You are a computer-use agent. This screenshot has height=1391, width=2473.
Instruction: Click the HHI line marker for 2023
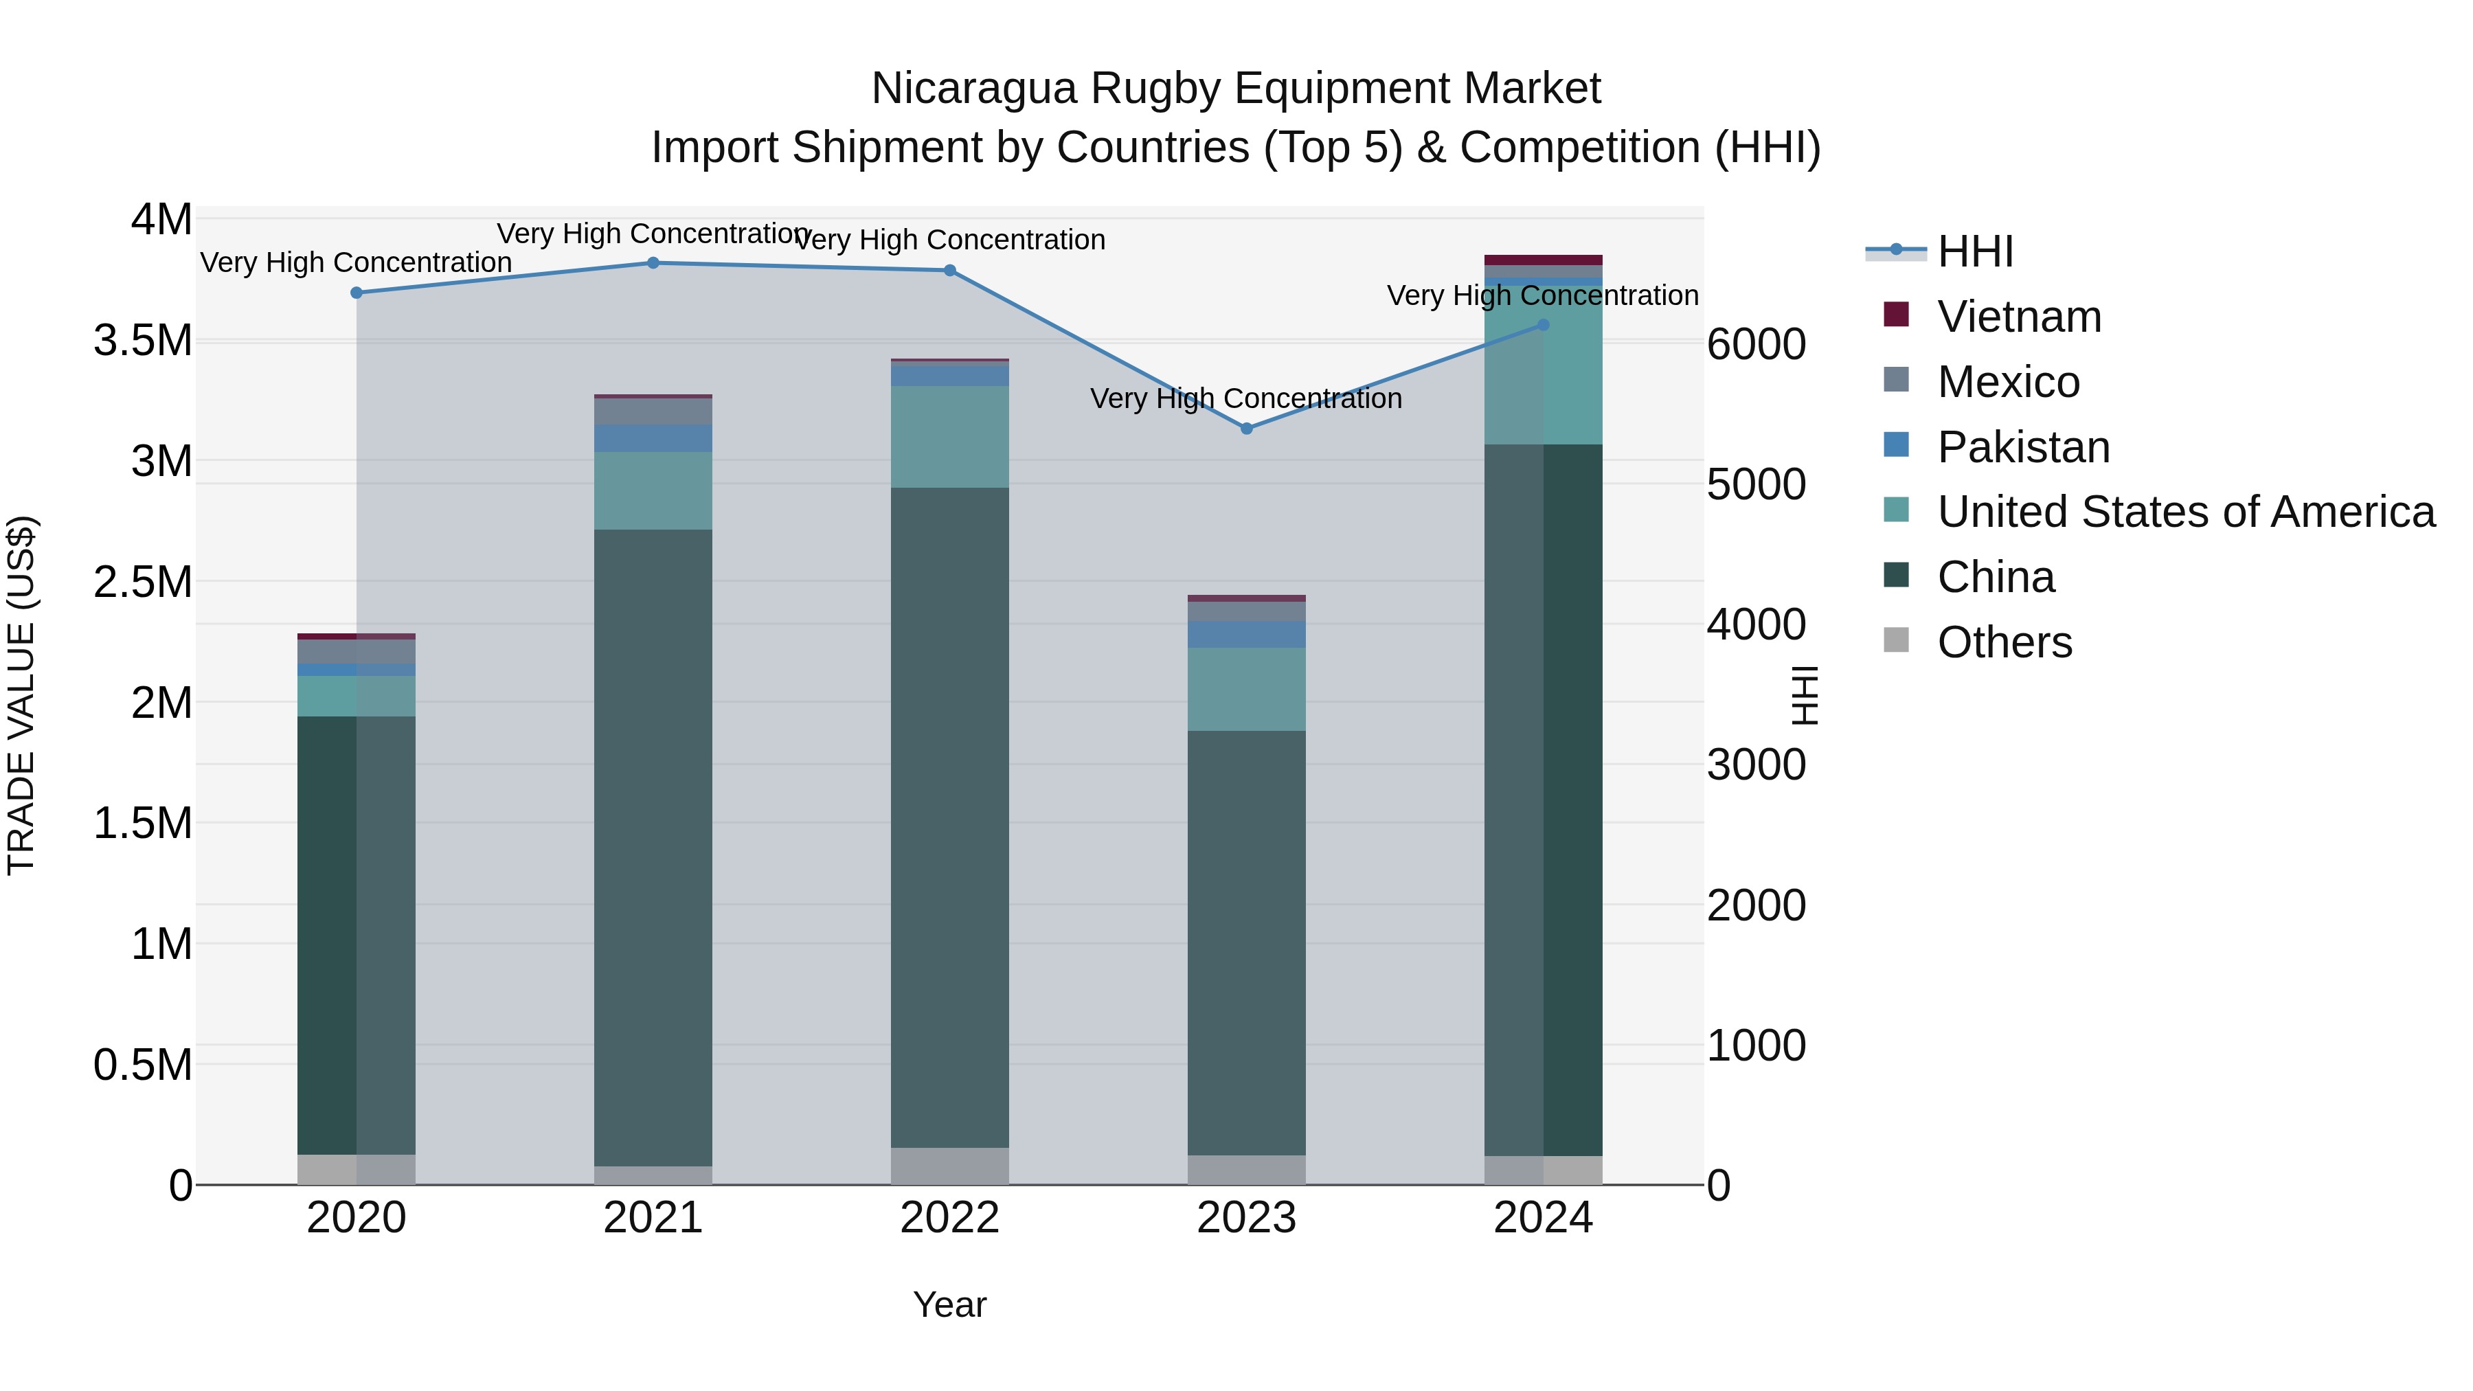[x=1246, y=428]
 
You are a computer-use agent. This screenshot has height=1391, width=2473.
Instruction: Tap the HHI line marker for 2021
[x=653, y=263]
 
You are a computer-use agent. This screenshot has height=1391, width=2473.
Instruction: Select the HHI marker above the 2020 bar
[x=356, y=293]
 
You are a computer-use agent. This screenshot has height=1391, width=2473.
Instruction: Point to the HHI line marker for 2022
[x=949, y=271]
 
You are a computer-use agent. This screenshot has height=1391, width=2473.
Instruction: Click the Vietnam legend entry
[x=2019, y=317]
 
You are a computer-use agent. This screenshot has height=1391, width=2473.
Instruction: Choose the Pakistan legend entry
[x=2023, y=447]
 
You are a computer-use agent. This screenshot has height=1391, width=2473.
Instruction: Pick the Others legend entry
[x=2005, y=642]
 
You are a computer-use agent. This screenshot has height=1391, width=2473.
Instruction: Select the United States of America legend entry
[x=2185, y=512]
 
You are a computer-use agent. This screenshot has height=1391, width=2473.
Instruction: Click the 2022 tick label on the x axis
[x=949, y=1218]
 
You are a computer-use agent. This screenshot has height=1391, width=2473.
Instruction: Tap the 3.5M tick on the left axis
[x=143, y=341]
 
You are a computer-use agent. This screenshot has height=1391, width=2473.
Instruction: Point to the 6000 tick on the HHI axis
[x=1756, y=345]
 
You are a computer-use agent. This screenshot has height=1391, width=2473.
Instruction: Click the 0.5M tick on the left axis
[x=143, y=1065]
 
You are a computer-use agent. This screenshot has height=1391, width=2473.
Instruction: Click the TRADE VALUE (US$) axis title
[x=21, y=695]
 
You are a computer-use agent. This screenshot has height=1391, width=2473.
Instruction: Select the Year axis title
[x=949, y=1304]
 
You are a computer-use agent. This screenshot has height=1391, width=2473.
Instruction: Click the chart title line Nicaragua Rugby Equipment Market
[x=1236, y=89]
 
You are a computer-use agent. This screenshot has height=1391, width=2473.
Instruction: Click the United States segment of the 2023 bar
[x=1246, y=689]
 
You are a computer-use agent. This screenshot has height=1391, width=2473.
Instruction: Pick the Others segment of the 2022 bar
[x=949, y=1166]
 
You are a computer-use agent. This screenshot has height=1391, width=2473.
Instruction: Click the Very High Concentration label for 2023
[x=1246, y=398]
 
